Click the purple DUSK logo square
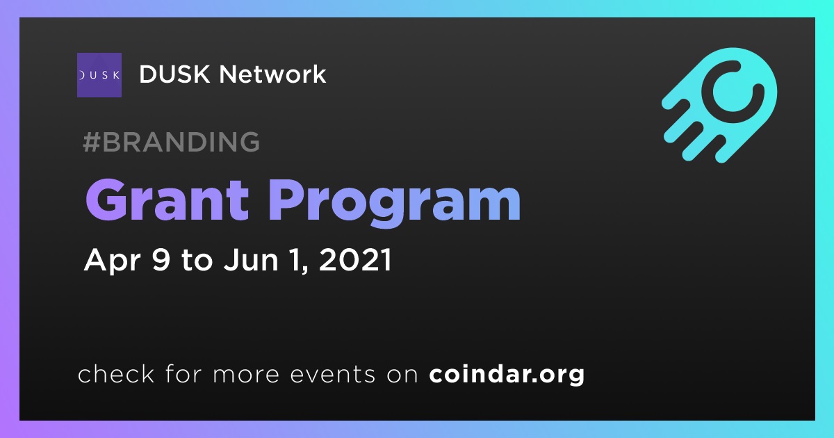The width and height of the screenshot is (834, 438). [99, 75]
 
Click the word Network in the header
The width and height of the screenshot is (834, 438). [272, 74]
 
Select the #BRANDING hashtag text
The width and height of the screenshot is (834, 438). [171, 142]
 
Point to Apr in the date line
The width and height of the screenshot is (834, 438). [113, 261]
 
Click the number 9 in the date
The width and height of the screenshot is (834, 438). [161, 259]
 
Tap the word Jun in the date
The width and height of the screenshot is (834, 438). [251, 259]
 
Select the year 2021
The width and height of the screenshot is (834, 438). [355, 259]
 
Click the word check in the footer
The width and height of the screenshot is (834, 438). [116, 373]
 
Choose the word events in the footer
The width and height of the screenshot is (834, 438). [333, 374]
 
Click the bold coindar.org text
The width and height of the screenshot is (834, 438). [507, 375]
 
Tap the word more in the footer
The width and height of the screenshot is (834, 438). [246, 375]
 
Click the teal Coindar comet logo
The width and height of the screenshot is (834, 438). [719, 105]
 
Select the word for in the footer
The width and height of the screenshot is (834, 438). [183, 373]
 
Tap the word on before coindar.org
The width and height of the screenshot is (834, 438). [402, 375]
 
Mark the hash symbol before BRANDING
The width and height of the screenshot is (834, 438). [91, 142]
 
